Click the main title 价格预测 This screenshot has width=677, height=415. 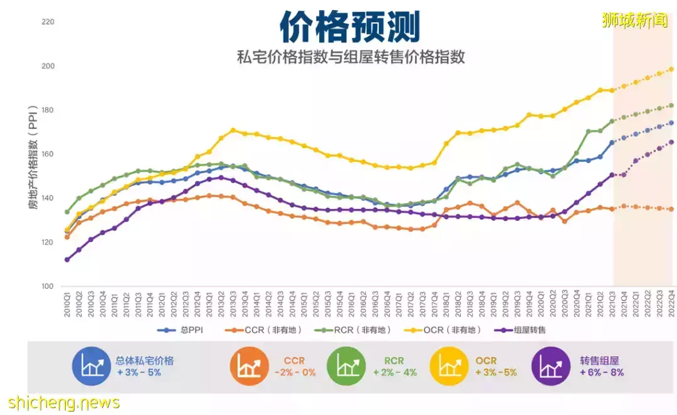tap(349, 27)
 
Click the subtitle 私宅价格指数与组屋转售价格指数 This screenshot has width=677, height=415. tap(350, 57)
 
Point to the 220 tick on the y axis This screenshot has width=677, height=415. tap(48, 22)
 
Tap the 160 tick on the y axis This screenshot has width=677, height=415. tap(48, 154)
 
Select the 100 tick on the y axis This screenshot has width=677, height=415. tap(48, 286)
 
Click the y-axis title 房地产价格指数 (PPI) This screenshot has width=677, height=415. tap(32, 157)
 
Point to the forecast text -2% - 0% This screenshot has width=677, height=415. tap(295, 372)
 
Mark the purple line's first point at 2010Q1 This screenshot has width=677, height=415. tap(66, 259)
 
